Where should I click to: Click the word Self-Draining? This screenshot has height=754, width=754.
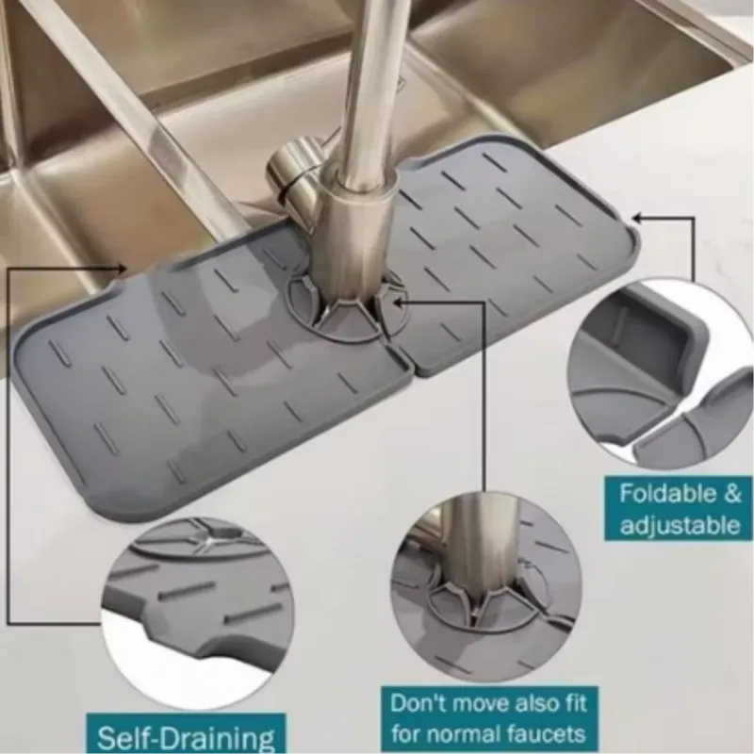click(x=186, y=736)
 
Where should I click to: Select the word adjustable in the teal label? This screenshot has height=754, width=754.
click(x=680, y=525)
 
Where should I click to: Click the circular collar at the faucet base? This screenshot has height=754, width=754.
click(x=347, y=308)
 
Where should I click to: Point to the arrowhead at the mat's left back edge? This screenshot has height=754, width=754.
click(x=123, y=268)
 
